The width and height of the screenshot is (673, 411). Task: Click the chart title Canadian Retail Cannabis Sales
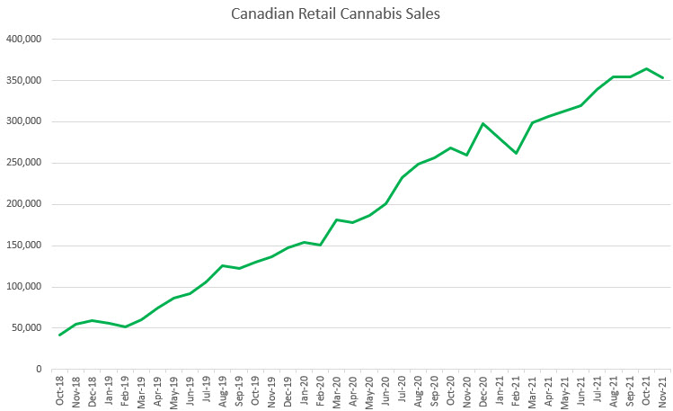pos(336,14)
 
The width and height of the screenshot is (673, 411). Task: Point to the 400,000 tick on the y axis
pos(24,40)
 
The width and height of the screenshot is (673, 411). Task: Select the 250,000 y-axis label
pos(24,163)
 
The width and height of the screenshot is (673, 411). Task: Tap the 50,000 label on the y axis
pos(27,328)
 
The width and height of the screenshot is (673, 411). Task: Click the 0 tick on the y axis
pos(40,370)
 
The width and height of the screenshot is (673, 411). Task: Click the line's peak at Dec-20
pos(483,123)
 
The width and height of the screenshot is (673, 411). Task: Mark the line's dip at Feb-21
pos(516,153)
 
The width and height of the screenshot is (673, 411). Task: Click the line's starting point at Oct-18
pos(60,335)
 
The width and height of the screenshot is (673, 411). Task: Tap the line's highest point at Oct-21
pos(646,68)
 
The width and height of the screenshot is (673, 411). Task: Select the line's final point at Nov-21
pos(663,78)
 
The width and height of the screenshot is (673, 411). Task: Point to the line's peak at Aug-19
pos(223,265)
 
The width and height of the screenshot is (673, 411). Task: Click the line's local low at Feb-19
pos(125,326)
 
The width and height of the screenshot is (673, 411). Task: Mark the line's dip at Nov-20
pos(467,155)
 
